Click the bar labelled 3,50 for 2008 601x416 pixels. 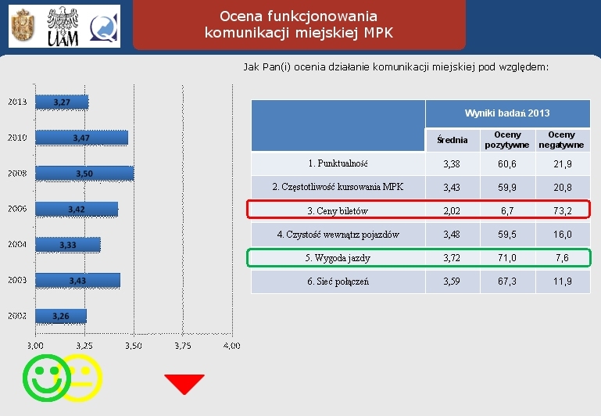click(x=84, y=173)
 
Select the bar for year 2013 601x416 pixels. click(x=62, y=102)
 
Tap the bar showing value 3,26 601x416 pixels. click(x=61, y=316)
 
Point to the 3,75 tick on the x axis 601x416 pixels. click(x=183, y=345)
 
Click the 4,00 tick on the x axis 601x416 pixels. click(x=231, y=345)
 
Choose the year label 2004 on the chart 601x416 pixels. click(x=17, y=245)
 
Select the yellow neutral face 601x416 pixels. click(x=81, y=378)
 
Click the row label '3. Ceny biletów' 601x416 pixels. click(x=338, y=210)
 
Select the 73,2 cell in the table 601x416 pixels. click(x=560, y=210)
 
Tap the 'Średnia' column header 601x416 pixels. click(x=452, y=140)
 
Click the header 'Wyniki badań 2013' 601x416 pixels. click(x=507, y=113)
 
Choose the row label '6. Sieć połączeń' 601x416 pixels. click(x=338, y=281)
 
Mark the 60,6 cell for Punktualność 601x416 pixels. click(x=507, y=163)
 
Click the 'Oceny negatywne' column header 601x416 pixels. click(x=560, y=140)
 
